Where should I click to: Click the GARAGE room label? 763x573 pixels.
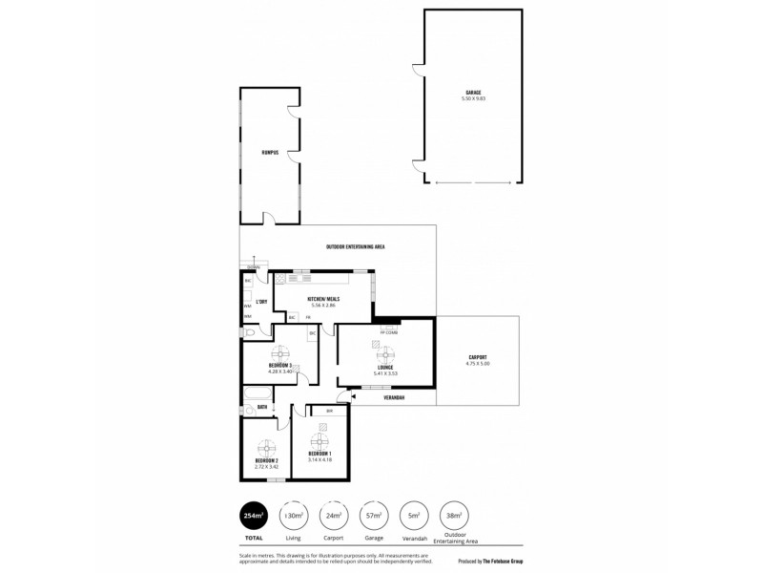coord(472,93)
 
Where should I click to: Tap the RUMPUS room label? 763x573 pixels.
coord(269,152)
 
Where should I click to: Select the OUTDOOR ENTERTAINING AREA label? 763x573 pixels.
coord(355,247)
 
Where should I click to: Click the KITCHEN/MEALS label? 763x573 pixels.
coord(323,300)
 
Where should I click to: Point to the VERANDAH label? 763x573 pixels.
coord(395,396)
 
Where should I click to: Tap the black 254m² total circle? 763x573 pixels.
coord(255,516)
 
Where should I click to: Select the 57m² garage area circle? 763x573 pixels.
coord(373,516)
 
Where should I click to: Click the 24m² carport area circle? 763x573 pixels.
coord(333,516)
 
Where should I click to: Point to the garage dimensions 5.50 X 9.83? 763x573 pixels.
coord(472,98)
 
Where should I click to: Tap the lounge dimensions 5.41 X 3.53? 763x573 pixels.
coord(385,373)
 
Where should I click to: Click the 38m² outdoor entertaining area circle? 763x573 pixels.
coord(454,516)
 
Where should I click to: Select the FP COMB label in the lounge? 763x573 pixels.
coord(388,332)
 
